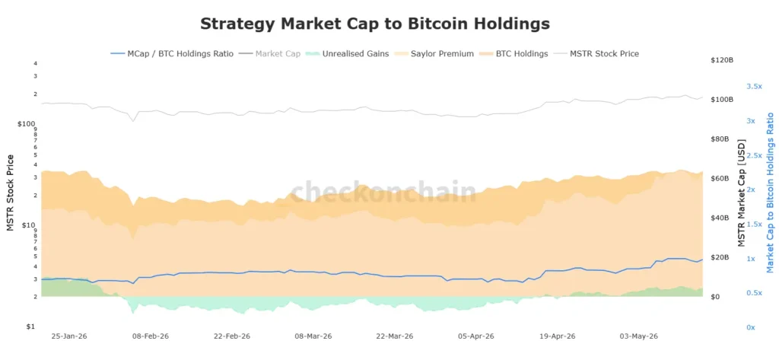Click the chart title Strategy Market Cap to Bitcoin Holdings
375,24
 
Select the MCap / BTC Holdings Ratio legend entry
171,54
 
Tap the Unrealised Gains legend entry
348,54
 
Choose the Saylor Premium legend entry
434,54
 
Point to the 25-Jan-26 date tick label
69,336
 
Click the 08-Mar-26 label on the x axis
313,336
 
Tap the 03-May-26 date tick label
639,336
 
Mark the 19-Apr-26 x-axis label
558,336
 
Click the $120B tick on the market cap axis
723,60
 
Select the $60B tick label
721,179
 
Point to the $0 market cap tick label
717,297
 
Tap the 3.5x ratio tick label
754,87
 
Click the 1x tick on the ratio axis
751,259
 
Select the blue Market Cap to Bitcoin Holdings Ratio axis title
770,193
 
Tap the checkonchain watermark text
383,193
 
